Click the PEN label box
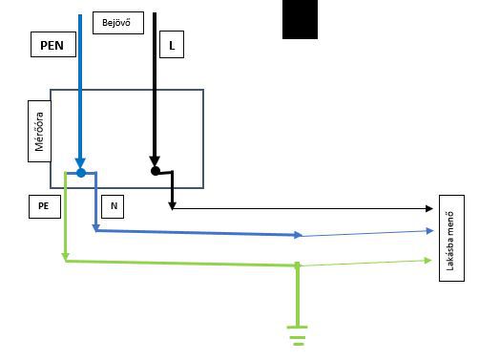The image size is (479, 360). coord(53,45)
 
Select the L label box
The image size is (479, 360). coord(172,45)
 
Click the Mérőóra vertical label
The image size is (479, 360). coord(39,132)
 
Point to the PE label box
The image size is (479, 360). coord(45,206)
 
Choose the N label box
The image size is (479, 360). coord(113,206)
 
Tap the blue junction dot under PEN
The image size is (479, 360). coord(81,173)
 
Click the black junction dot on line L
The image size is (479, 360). coord(156,171)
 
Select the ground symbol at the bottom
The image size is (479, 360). coord(297,335)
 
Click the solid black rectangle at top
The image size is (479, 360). coord(300,19)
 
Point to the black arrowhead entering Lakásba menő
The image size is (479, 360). coord(429,208)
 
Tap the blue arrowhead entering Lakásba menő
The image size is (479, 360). coord(429,231)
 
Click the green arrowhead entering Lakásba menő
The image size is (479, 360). coord(428,261)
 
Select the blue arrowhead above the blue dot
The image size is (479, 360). coord(80,163)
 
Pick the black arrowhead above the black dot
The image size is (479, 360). coord(155,161)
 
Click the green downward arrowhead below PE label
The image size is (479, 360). coord(65,257)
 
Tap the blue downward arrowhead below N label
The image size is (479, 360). coord(95,228)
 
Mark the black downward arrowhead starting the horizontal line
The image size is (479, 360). coord(172,206)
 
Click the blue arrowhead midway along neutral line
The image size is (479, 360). coord(298,235)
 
